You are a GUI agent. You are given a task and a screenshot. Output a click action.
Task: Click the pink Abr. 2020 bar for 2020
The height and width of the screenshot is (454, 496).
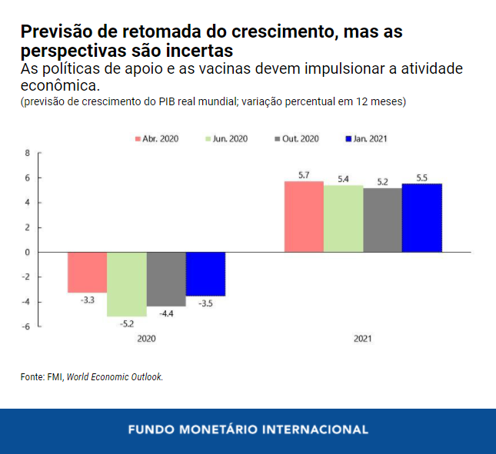pyautogui.click(x=87, y=272)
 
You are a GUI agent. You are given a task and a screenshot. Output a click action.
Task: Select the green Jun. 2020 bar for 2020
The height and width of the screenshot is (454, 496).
pyautogui.click(x=126, y=283)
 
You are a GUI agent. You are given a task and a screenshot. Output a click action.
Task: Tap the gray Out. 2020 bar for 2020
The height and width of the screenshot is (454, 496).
pyautogui.click(x=166, y=279)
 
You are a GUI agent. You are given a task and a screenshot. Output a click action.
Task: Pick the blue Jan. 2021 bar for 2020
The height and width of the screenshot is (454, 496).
pyautogui.click(x=205, y=273)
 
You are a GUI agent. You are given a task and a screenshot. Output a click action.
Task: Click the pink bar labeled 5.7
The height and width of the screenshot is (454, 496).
pyautogui.click(x=304, y=217)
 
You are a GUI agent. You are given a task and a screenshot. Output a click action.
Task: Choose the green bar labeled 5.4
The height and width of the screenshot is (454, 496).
pyautogui.click(x=343, y=218)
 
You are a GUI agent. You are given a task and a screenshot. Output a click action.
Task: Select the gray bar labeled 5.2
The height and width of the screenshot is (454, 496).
pyautogui.click(x=382, y=220)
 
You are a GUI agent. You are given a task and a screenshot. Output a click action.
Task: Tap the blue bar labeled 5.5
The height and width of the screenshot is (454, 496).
pyautogui.click(x=422, y=217)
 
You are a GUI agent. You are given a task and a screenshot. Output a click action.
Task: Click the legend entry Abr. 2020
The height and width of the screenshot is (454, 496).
pyautogui.click(x=158, y=139)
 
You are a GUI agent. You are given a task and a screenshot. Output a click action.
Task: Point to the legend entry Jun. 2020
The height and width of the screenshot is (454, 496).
pyautogui.click(x=228, y=139)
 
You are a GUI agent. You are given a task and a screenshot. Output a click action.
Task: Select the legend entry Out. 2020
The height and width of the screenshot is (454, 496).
pyautogui.click(x=299, y=139)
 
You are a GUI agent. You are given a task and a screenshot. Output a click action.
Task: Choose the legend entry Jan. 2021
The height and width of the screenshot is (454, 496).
pyautogui.click(x=369, y=139)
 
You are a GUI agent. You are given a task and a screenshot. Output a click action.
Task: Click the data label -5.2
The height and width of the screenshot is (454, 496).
pyautogui.click(x=126, y=323)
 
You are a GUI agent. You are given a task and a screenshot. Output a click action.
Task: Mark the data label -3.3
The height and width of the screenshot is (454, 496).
pyautogui.click(x=87, y=300)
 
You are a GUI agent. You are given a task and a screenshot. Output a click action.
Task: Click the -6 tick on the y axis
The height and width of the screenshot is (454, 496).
pyautogui.click(x=25, y=326)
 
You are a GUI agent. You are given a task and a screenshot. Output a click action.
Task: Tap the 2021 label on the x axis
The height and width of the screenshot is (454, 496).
pyautogui.click(x=363, y=338)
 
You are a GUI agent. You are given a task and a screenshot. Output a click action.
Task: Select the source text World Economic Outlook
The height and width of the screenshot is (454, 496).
pyautogui.click(x=115, y=377)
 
